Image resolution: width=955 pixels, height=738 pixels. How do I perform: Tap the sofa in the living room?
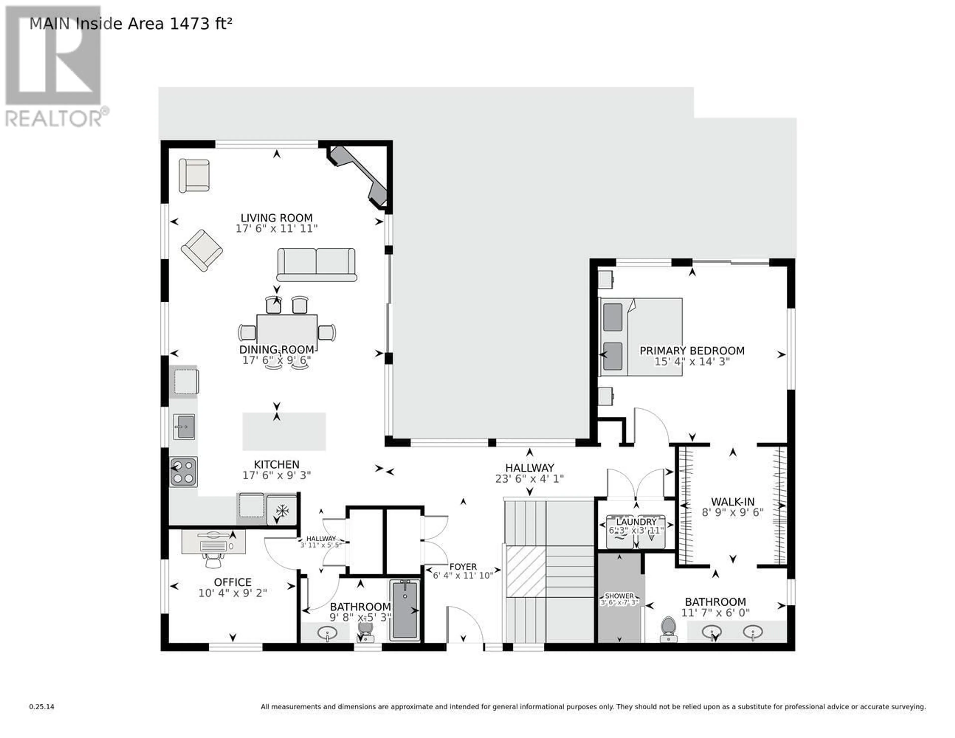317,265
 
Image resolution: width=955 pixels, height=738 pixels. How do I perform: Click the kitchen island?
284,431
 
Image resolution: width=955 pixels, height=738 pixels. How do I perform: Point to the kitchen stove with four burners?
184,472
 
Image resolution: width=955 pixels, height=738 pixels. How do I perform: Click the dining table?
287,331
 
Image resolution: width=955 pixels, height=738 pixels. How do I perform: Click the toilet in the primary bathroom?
668,630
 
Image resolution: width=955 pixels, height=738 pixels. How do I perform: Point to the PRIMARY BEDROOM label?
692,351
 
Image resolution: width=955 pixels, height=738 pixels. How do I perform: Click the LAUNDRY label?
636,522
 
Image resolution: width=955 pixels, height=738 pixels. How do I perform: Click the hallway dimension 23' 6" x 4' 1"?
529,479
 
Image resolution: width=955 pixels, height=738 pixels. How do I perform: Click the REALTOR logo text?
54,118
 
